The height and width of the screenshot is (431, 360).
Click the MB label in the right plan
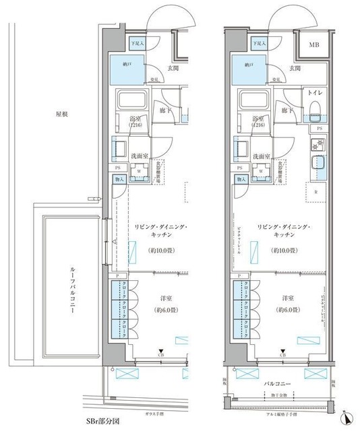314,45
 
